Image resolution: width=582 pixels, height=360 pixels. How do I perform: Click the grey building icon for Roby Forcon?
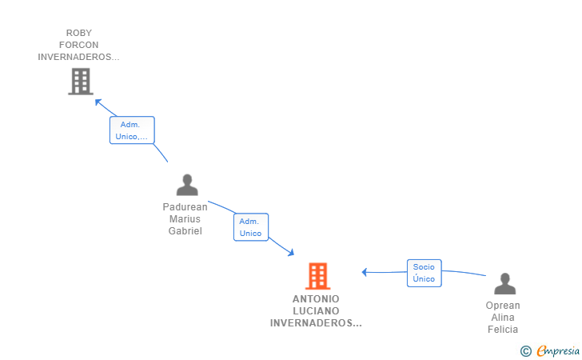tap(81, 82)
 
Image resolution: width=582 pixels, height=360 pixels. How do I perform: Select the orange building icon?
tap(317, 276)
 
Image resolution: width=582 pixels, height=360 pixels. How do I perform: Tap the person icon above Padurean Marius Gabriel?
tap(187, 185)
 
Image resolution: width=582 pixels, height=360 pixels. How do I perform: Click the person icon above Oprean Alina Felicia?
tap(504, 284)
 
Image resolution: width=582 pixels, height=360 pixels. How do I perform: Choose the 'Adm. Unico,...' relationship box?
tap(132, 130)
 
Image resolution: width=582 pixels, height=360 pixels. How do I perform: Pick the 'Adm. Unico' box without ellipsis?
tap(251, 227)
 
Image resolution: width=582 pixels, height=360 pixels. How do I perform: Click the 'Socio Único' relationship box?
tap(425, 273)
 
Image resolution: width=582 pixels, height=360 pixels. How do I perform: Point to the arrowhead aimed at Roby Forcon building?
tap(98, 102)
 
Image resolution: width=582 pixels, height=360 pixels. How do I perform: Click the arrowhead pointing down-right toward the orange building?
tap(291, 253)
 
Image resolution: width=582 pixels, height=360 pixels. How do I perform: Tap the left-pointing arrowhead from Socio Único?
tap(365, 272)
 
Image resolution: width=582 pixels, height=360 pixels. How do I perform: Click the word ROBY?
tap(78, 33)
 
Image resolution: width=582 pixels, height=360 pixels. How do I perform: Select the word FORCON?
tap(78, 45)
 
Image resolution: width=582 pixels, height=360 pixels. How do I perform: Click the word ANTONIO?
tap(316, 299)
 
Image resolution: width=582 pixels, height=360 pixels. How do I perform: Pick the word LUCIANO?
tap(316, 311)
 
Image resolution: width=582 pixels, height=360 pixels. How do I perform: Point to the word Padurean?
tap(185, 207)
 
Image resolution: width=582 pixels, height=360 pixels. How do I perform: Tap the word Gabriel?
tap(185, 231)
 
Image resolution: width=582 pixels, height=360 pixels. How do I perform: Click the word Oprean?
tap(503, 306)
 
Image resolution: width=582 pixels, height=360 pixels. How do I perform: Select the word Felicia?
tap(503, 330)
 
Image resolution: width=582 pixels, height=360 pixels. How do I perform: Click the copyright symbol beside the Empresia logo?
tap(526, 351)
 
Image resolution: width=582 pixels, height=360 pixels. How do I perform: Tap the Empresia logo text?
tap(558, 350)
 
